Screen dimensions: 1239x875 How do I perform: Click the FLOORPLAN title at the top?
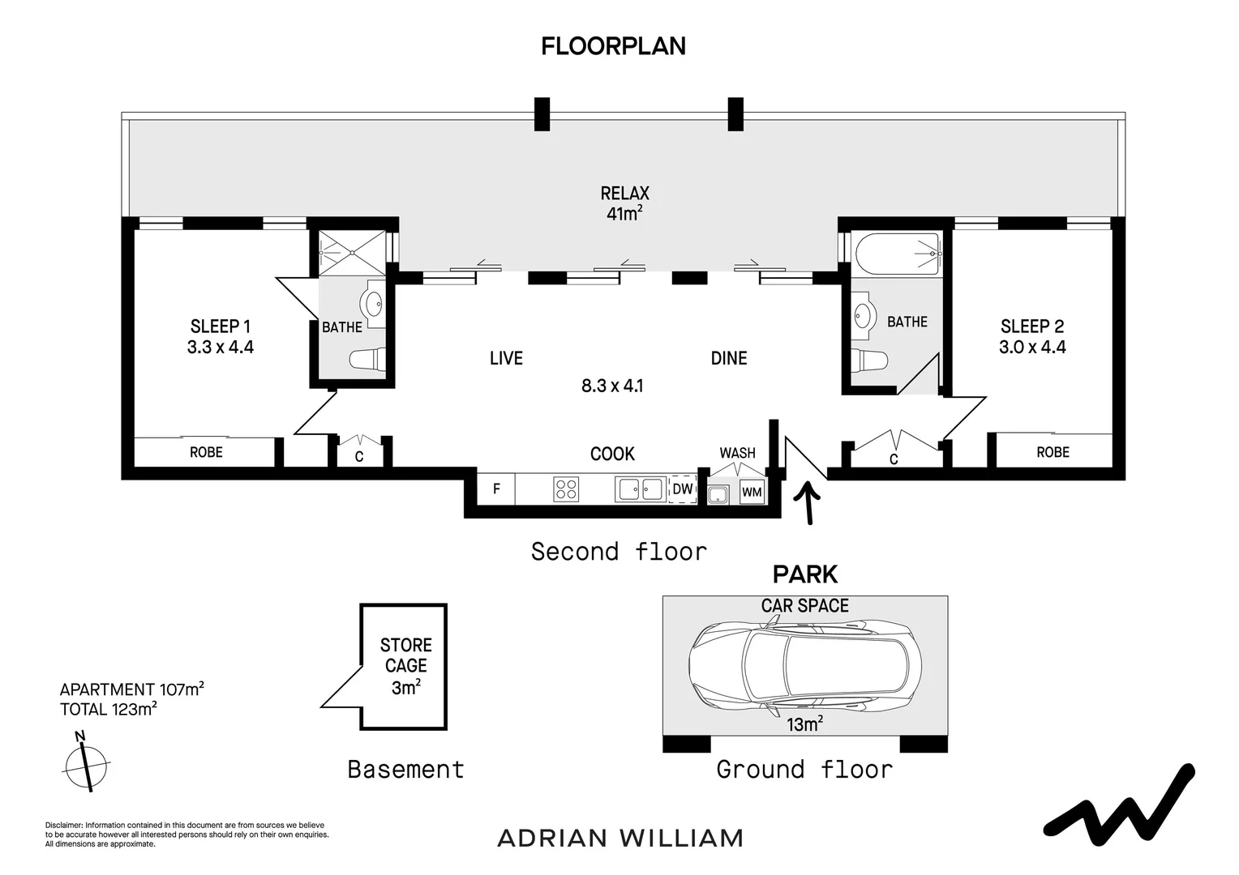(613, 46)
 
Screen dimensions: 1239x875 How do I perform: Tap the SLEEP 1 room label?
(220, 327)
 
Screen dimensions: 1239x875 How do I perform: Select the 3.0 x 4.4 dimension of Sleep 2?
(1032, 347)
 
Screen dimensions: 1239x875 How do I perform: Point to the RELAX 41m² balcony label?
(624, 203)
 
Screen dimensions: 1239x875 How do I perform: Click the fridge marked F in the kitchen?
(496, 489)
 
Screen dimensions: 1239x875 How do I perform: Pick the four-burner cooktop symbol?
(566, 489)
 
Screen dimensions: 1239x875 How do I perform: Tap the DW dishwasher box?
(682, 489)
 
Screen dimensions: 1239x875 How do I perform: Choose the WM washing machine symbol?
(752, 492)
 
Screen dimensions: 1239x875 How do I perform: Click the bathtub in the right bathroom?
(897, 254)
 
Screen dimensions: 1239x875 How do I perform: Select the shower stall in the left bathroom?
(353, 253)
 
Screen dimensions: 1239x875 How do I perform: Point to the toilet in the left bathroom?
(367, 359)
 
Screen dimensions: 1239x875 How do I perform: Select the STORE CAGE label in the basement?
(406, 655)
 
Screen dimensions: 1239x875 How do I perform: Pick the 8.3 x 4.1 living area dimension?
(612, 386)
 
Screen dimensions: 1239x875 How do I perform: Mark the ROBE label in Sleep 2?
(1053, 452)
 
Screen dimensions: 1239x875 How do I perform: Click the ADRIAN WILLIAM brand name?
(620, 839)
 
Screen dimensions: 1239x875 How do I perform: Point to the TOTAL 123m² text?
(109, 709)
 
